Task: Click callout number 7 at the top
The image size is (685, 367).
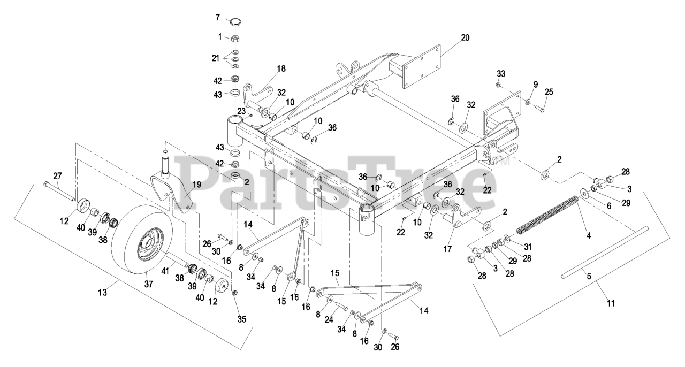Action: [218, 18]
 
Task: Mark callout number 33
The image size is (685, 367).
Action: [500, 73]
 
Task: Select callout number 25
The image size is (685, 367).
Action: [549, 93]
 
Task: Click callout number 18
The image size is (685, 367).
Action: [281, 68]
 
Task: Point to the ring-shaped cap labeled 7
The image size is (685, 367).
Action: [235, 22]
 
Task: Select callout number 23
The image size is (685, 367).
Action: [242, 111]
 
